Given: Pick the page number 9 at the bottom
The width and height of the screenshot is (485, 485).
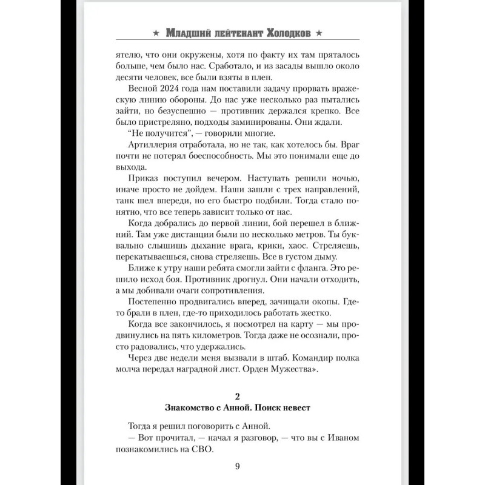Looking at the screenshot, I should [238, 466].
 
